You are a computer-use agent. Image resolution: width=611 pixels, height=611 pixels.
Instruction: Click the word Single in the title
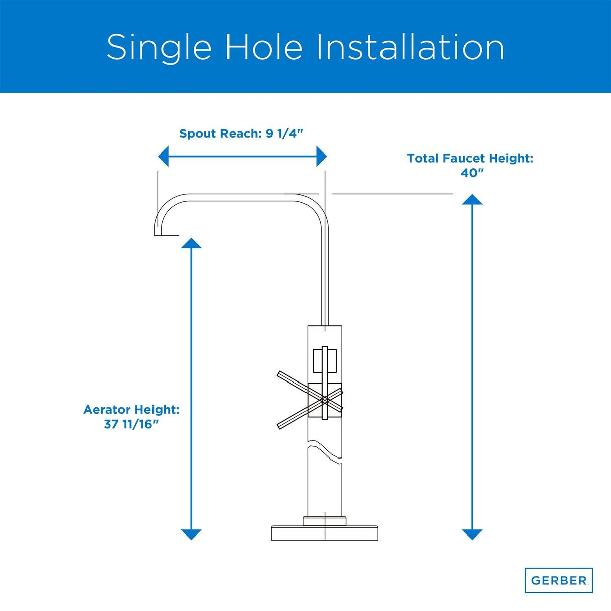159,47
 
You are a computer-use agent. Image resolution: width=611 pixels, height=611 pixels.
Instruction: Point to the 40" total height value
472,173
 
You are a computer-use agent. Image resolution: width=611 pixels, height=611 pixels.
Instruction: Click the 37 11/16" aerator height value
131,425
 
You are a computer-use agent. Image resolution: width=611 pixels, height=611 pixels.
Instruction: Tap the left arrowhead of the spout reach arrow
163,157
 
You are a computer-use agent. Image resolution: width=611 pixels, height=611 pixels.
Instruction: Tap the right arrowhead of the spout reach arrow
322,157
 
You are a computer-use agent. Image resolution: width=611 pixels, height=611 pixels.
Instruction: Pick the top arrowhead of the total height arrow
472,199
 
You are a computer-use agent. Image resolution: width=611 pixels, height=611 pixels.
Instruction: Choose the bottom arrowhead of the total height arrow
472,534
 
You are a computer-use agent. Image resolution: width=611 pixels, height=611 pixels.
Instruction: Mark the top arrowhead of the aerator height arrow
191,243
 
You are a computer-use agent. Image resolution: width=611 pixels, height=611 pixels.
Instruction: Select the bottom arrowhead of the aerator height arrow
191,534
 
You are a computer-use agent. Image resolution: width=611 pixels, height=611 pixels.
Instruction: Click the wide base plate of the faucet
325,533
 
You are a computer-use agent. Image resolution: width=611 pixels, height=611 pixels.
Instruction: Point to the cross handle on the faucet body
310,400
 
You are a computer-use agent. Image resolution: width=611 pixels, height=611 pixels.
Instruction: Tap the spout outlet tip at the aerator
167,235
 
